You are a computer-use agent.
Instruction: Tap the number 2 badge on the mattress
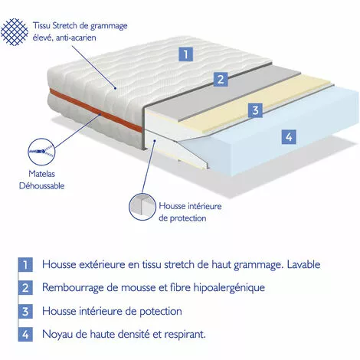220,79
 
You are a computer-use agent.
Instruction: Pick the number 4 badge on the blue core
287,137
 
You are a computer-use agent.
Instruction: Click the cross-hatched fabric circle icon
15,32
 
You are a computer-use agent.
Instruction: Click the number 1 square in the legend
25,265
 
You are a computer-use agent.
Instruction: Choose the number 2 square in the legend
25,288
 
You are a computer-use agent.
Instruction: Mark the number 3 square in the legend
25,311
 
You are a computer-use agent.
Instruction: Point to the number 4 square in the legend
25,334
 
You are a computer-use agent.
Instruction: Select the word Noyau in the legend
62,334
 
